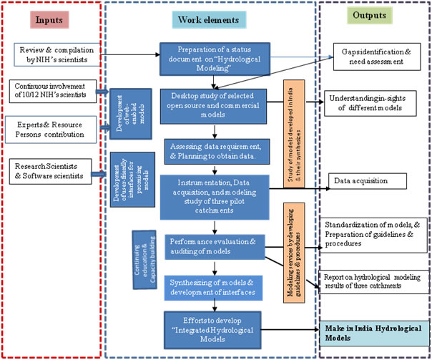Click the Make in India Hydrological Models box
pyautogui.click(x=372, y=330)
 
